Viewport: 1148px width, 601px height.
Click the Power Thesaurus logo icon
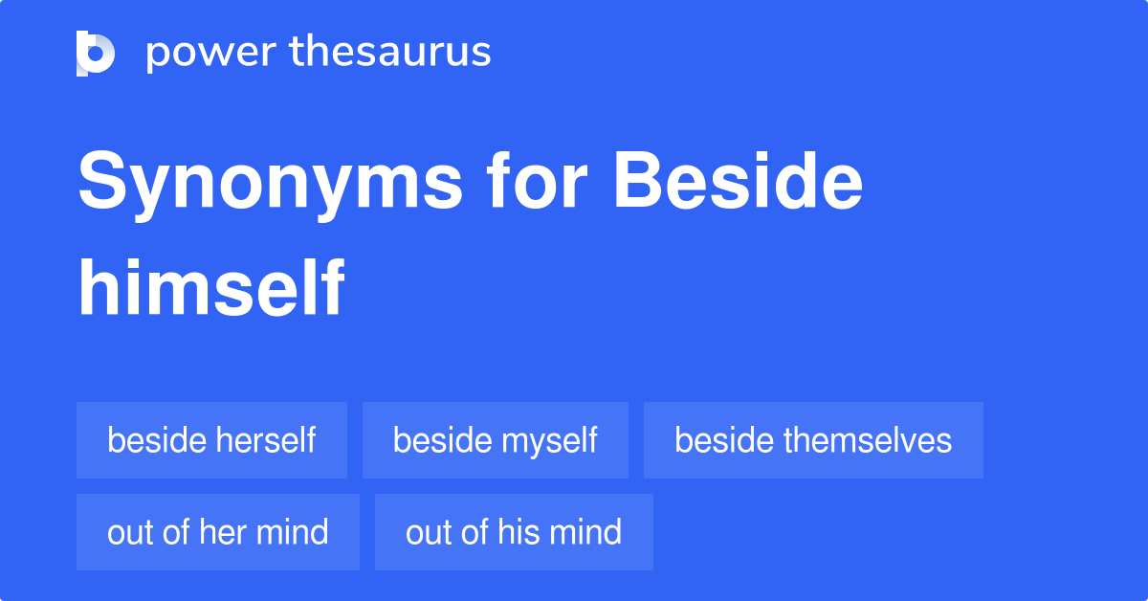coord(95,53)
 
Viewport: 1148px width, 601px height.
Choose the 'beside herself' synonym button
coord(211,440)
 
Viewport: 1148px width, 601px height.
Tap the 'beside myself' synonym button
coord(495,440)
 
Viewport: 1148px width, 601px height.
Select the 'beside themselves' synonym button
coord(813,440)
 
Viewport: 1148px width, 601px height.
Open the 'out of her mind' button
coord(218,532)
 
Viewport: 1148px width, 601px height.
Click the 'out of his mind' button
coord(514,532)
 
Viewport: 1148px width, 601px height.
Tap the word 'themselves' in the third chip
coord(868,440)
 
